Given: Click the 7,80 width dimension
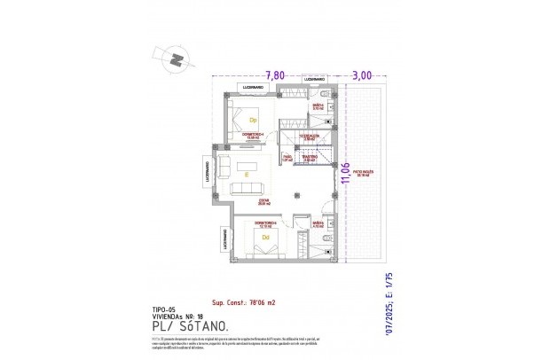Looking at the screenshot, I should tap(275, 75).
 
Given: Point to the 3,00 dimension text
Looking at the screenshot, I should tap(361, 75).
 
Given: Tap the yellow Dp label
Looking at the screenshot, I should tap(252, 120).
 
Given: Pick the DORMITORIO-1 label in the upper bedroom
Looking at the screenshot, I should tap(251, 135).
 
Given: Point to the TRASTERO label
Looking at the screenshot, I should tap(308, 158).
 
